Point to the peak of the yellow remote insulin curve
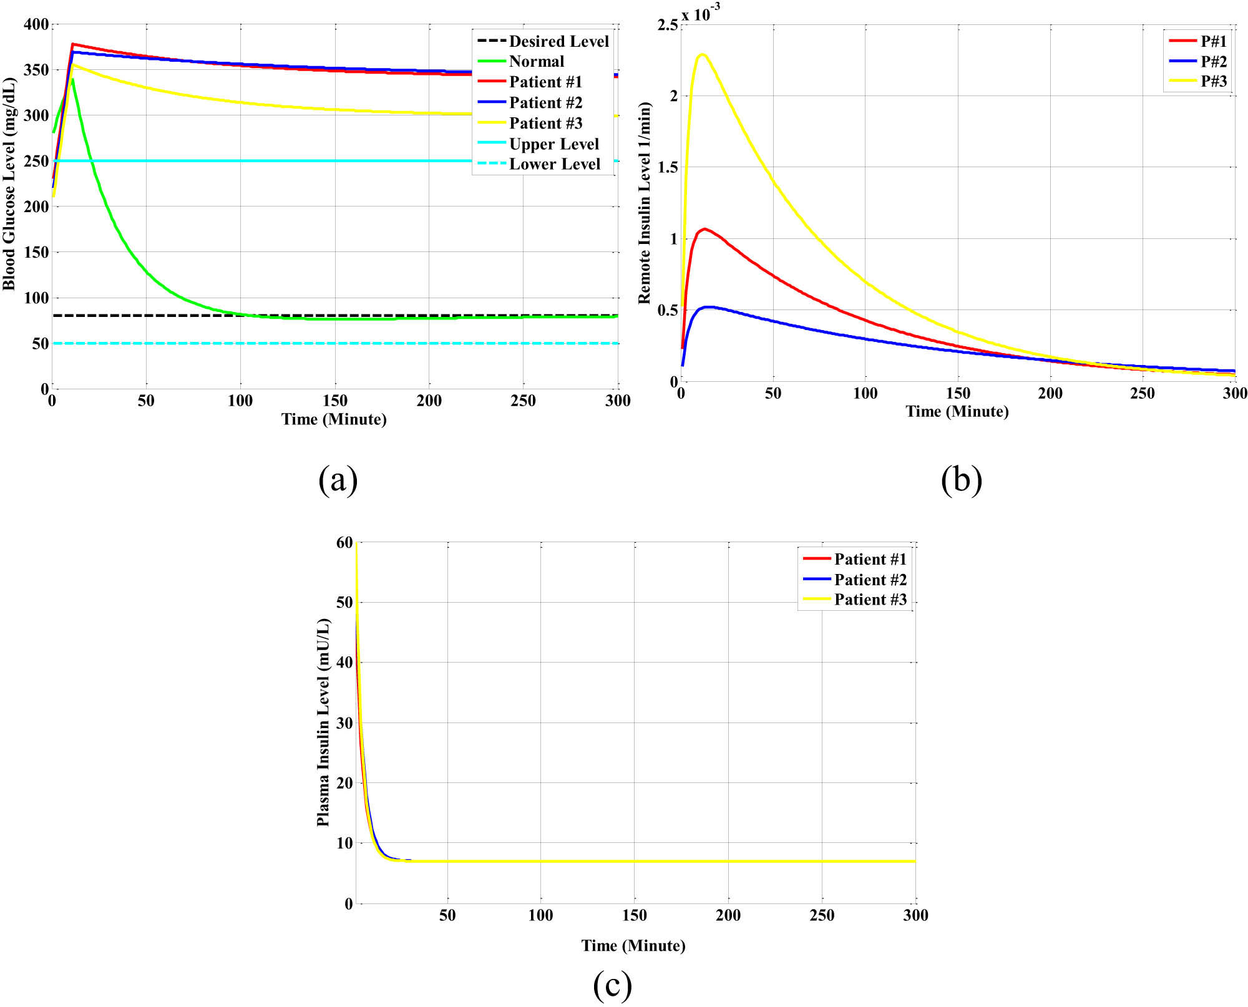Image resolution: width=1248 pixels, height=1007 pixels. (x=703, y=54)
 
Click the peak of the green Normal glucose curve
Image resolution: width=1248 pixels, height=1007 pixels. (x=72, y=80)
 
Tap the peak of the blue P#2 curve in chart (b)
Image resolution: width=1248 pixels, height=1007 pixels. (x=708, y=307)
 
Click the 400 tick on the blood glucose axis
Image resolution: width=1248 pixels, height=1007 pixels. (x=36, y=24)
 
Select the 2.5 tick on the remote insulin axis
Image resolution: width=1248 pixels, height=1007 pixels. (x=667, y=25)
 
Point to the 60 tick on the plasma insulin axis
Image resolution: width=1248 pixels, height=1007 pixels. (x=344, y=543)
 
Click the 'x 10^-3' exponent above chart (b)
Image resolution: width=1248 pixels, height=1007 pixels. (x=701, y=12)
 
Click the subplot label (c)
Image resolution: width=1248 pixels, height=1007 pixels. (x=612, y=985)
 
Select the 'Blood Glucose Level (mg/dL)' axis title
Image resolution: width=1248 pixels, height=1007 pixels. (x=9, y=184)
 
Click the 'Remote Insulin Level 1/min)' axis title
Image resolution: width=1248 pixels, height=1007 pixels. (x=644, y=203)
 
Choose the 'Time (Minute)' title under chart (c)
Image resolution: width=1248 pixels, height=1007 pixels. (x=633, y=945)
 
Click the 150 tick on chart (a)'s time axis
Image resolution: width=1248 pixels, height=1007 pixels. (x=335, y=401)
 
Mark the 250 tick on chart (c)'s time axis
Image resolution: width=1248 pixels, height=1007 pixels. (x=822, y=915)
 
